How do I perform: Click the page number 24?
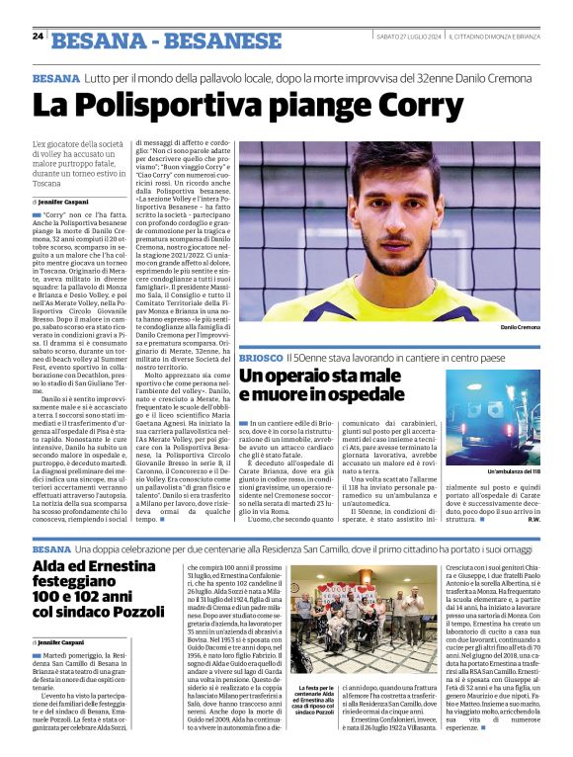coord(38,36)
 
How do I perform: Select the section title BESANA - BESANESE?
coord(166,41)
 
